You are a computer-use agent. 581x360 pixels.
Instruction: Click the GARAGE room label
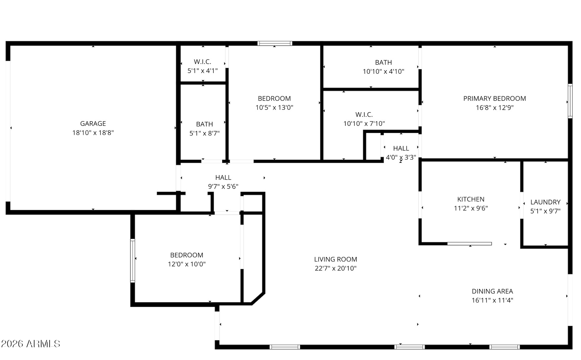[x=93, y=124]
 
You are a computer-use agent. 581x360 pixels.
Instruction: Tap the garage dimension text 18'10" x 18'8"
[x=93, y=133]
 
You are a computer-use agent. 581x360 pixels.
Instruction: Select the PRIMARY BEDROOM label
[x=494, y=98]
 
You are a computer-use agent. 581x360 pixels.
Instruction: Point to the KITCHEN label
[x=471, y=199]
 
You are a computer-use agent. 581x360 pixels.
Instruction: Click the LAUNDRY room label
[x=545, y=202]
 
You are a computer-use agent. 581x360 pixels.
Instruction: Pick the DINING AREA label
[x=492, y=291]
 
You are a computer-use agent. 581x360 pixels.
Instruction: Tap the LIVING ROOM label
[x=335, y=259]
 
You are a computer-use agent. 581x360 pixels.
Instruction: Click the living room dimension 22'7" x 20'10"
[x=335, y=268]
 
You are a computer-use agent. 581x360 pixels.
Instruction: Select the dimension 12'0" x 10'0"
[x=187, y=264]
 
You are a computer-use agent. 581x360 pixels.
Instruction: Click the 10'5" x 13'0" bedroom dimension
[x=274, y=107]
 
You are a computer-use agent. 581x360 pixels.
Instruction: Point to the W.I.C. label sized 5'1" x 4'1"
[x=202, y=62]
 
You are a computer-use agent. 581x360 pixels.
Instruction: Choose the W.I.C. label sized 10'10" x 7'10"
[x=364, y=114]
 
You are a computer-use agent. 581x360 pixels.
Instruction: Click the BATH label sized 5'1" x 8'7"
[x=204, y=124]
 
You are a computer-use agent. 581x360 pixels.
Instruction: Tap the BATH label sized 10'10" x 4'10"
[x=383, y=62]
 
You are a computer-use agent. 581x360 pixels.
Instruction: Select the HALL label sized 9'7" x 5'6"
[x=223, y=178]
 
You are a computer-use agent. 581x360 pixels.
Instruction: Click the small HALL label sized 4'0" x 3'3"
[x=401, y=148]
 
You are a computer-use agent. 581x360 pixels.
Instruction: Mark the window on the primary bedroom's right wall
[x=570, y=101]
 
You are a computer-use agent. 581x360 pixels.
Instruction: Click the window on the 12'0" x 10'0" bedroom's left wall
[x=133, y=261]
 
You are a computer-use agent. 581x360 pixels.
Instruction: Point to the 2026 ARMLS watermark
[x=31, y=344]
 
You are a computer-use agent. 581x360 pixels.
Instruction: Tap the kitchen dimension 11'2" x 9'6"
[x=471, y=208]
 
